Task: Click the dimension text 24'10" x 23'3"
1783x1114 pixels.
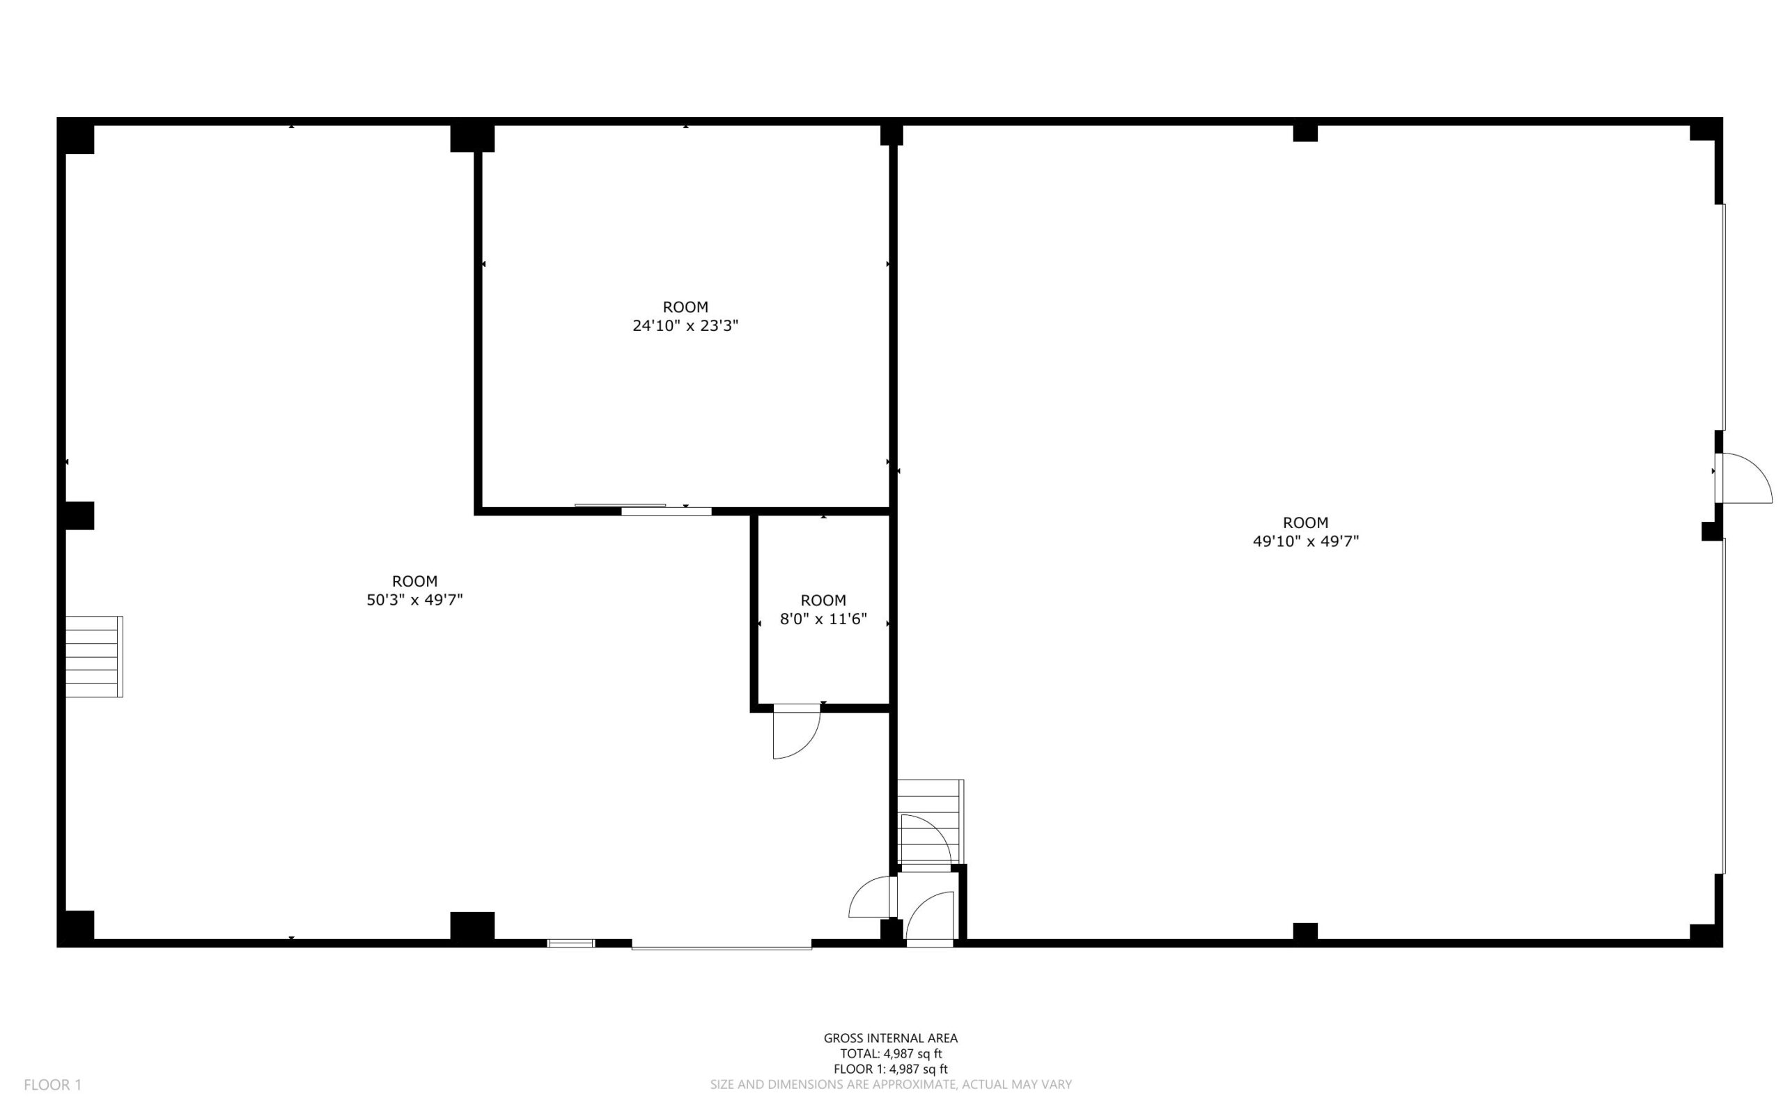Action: coord(685,325)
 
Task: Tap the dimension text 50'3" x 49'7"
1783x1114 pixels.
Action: coord(414,600)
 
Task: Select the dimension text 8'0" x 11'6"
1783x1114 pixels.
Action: coord(823,619)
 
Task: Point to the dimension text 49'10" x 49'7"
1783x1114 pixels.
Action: coord(1305,541)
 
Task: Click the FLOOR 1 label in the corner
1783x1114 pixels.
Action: coord(53,1085)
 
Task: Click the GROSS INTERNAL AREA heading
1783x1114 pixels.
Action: coord(890,1038)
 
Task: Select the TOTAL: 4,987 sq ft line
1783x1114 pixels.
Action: coord(890,1053)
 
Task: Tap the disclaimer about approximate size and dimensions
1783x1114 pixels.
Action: coord(890,1085)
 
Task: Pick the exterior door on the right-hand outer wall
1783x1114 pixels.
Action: coord(1742,478)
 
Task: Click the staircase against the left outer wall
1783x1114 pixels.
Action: coord(94,656)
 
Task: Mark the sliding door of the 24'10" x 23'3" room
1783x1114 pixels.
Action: coord(643,509)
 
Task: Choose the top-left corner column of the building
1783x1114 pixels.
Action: coord(76,137)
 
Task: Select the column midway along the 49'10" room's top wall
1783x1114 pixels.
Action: coord(1305,133)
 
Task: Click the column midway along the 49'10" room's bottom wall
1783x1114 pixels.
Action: coord(1305,932)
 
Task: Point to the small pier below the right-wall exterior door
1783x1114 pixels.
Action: coord(1712,531)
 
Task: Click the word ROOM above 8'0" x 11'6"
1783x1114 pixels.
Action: coord(823,601)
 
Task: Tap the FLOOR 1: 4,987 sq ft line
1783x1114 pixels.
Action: coord(890,1069)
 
